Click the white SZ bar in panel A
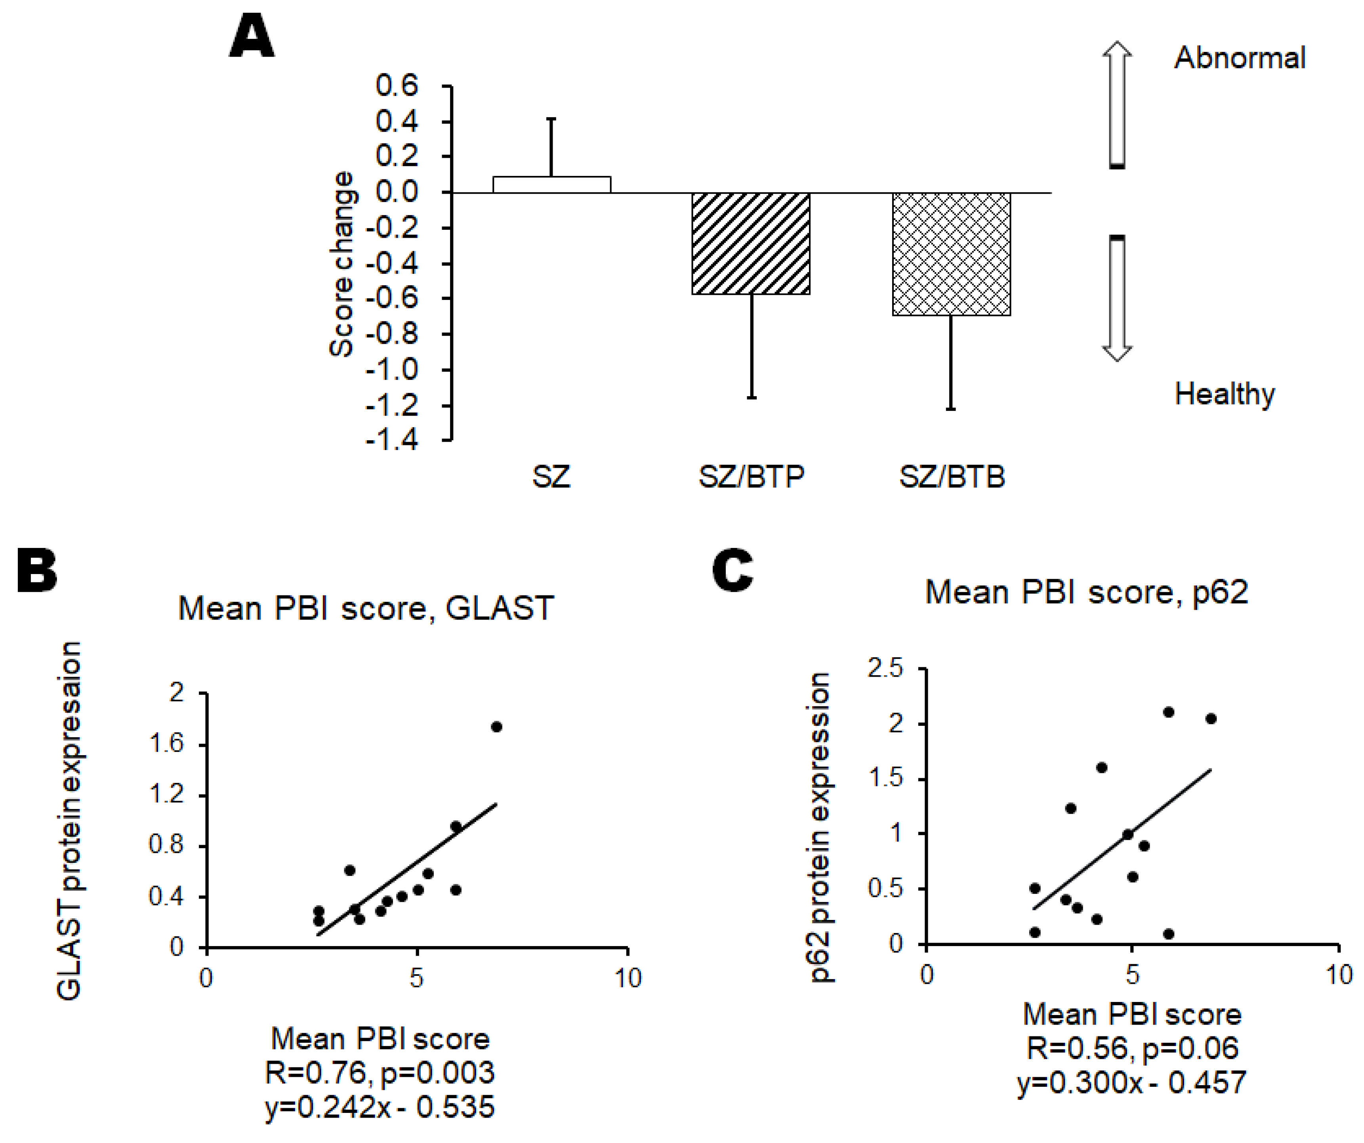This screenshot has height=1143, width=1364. point(551,185)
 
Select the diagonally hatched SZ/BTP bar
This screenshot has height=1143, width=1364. point(751,244)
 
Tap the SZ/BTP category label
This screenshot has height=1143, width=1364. point(751,477)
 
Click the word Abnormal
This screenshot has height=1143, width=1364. point(1239,58)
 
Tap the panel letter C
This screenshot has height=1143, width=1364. point(733,570)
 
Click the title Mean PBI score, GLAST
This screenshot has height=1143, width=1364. point(366,609)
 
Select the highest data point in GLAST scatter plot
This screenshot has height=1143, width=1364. point(496,727)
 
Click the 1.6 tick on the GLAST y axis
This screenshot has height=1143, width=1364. point(166,743)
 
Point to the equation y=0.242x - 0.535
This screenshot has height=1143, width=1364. point(380,1107)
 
